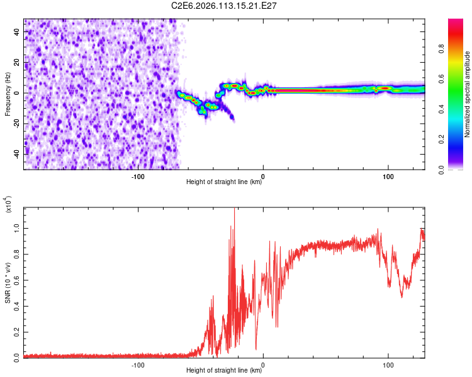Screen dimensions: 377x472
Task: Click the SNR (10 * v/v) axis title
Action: pos(8,281)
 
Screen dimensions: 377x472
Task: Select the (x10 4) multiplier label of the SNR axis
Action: pos(8,204)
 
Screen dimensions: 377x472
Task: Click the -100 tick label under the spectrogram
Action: pos(138,175)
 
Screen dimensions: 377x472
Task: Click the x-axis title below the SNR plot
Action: pos(224,371)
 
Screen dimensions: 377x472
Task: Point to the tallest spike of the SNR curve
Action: pos(234,210)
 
